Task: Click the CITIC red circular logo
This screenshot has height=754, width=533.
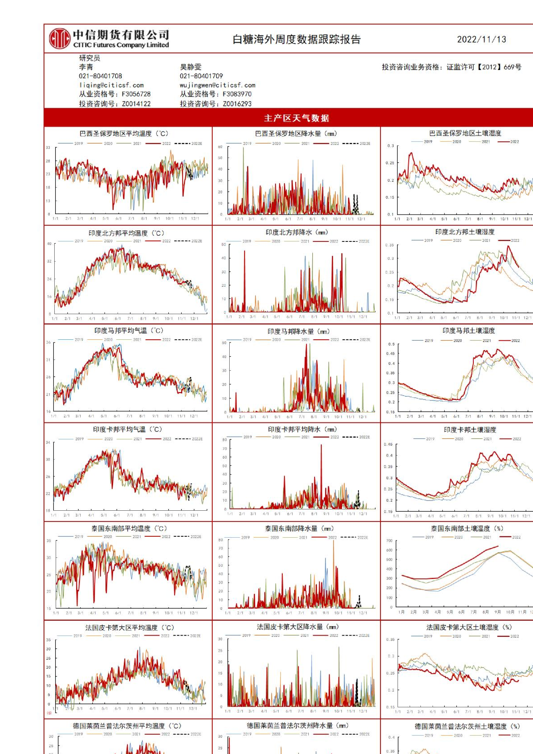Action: (x=60, y=39)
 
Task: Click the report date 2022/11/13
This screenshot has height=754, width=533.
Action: (x=481, y=39)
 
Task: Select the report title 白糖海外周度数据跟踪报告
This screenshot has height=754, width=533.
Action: (x=297, y=39)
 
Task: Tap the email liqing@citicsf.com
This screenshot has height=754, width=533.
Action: (x=111, y=85)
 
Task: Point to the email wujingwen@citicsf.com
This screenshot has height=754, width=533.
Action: (x=217, y=85)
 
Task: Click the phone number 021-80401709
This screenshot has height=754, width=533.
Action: (x=201, y=76)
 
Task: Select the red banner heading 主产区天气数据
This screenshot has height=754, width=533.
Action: (x=297, y=118)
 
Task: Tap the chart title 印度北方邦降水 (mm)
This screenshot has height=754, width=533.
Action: (x=297, y=232)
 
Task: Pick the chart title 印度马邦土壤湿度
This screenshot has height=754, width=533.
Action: (x=468, y=331)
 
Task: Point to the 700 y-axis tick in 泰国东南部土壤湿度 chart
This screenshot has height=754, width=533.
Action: (x=389, y=541)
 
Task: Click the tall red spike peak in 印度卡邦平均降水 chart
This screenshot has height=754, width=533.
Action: (x=321, y=445)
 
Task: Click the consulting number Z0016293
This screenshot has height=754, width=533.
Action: (x=237, y=104)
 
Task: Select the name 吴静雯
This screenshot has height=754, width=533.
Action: (x=191, y=67)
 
